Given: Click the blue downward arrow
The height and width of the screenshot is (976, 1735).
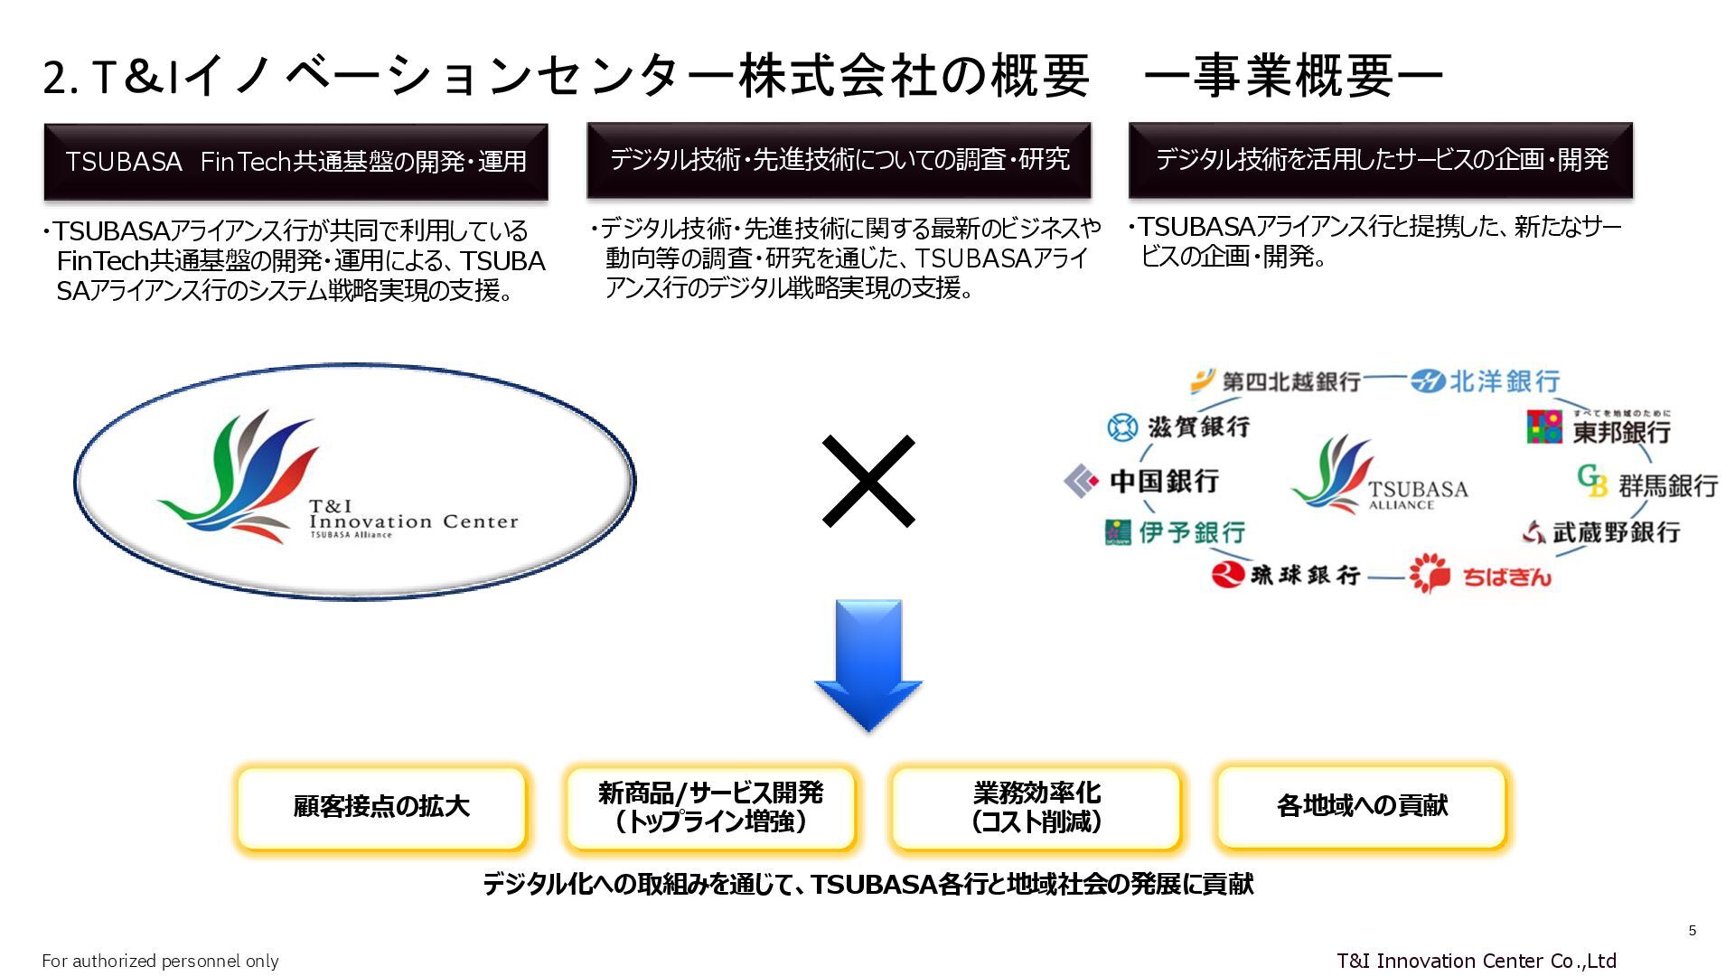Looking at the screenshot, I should (868, 664).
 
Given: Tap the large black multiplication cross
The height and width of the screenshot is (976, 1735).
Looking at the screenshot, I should (868, 481).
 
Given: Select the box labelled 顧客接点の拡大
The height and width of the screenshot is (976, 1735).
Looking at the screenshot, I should (381, 807).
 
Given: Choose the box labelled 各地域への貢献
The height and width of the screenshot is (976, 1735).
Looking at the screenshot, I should (1362, 806).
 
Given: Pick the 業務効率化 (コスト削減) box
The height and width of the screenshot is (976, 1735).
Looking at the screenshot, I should (1036, 807).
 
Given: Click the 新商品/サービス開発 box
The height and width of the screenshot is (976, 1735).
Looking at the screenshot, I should (710, 807).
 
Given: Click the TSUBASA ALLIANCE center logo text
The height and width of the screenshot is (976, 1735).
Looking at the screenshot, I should (1417, 493).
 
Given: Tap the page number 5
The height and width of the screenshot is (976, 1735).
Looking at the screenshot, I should (1693, 931).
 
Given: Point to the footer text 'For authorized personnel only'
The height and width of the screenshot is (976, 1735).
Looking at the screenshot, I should (160, 961).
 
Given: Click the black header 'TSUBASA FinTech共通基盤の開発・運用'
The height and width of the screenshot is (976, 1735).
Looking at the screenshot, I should (295, 162).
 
